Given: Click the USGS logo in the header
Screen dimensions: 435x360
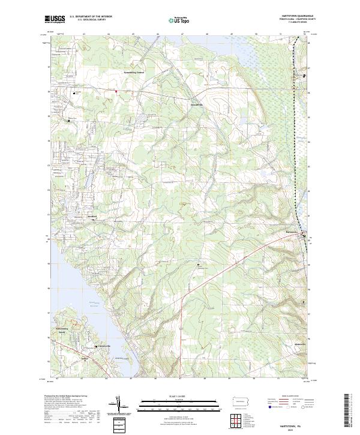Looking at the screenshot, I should (55, 19).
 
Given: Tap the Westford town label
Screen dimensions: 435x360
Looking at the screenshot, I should (91, 217).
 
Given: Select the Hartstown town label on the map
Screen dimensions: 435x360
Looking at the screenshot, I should (292, 230).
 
